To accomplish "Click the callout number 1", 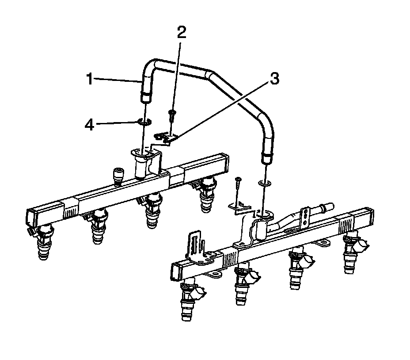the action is pos(89,80).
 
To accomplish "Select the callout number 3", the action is pos(274,79).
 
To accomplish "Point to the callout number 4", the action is pos(90,125).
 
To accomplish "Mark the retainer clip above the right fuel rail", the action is pos(239,207).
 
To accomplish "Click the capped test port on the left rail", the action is pos(118,176).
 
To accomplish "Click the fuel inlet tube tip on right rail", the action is pos(329,205).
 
